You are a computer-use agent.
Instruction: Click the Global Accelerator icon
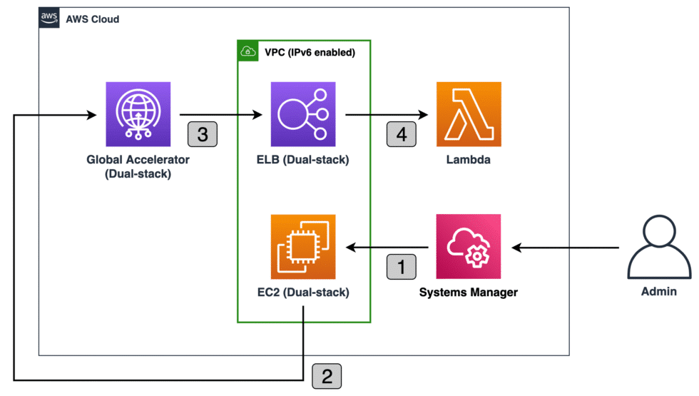pos(138,114)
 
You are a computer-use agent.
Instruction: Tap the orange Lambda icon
pos(469,114)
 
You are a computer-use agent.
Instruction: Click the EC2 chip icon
pos(303,246)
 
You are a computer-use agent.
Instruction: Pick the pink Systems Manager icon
pos(469,246)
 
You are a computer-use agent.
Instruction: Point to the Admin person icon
pos(659,248)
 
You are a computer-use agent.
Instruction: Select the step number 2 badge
pos(327,376)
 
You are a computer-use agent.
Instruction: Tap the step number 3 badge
pos(202,135)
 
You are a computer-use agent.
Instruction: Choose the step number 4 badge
pos(401,135)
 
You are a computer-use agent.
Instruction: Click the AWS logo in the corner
pos(49,19)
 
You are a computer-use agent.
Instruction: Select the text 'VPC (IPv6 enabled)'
pos(310,51)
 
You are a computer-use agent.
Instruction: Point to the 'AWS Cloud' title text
pos(92,19)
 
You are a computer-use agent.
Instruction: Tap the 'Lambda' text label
pos(469,160)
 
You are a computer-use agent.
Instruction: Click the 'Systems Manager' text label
pos(469,292)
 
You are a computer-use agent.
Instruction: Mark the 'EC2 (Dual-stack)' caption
pos(303,292)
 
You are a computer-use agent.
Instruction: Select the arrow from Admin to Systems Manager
pos(567,248)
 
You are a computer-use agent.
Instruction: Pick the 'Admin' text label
pos(659,292)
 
